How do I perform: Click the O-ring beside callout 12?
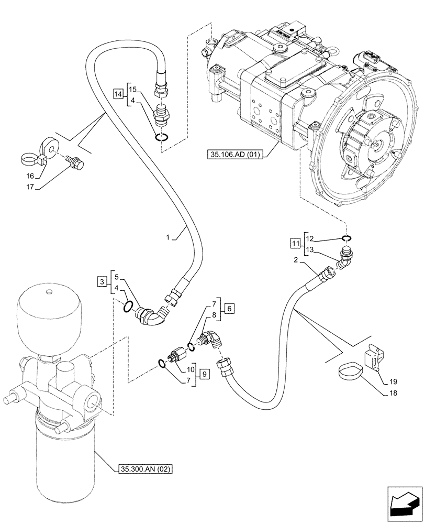tap(345, 239)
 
